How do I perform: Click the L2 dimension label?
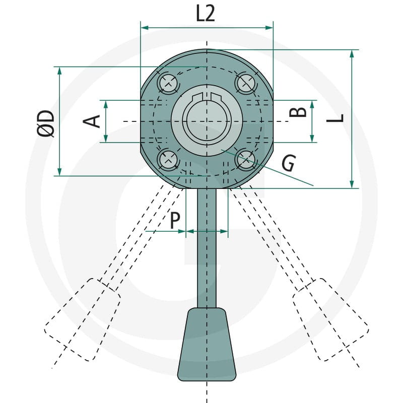205,13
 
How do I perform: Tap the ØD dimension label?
46,123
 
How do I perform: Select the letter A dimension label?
92,121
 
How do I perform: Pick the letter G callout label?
289,163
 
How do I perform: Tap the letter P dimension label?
175,220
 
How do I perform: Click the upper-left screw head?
168,83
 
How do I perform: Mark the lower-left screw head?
168,160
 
